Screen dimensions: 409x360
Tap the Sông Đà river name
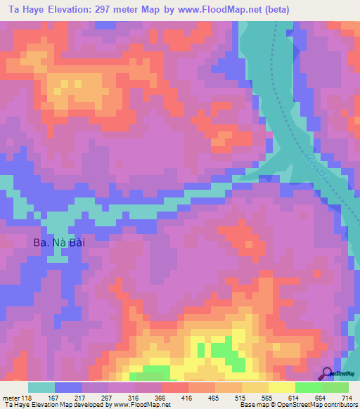point(317,167)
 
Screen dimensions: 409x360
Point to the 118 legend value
point(27,397)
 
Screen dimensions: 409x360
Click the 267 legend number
point(106,397)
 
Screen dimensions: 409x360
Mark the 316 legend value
point(134,397)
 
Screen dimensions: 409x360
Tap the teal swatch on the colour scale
point(41,387)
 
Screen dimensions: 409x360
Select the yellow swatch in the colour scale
point(282,387)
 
